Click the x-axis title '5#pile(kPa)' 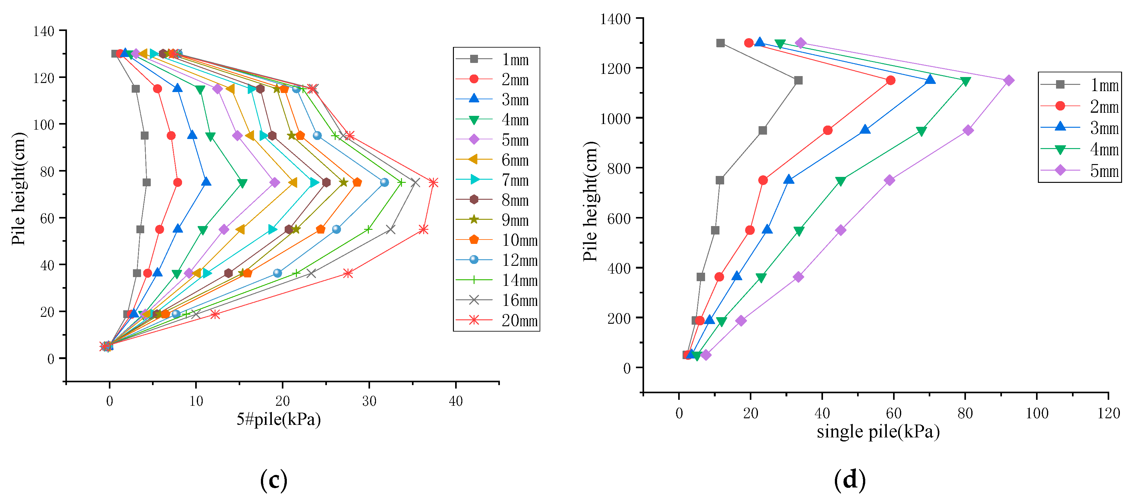click(278, 419)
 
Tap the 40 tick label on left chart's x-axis click(456, 401)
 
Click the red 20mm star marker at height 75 click(433, 182)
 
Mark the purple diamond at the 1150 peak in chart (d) click(1009, 80)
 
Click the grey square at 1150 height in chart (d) click(798, 80)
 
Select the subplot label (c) click(274, 479)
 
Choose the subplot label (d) click(850, 479)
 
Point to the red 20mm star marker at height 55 click(424, 229)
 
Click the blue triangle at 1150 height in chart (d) click(930, 80)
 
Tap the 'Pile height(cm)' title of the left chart click(19, 188)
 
